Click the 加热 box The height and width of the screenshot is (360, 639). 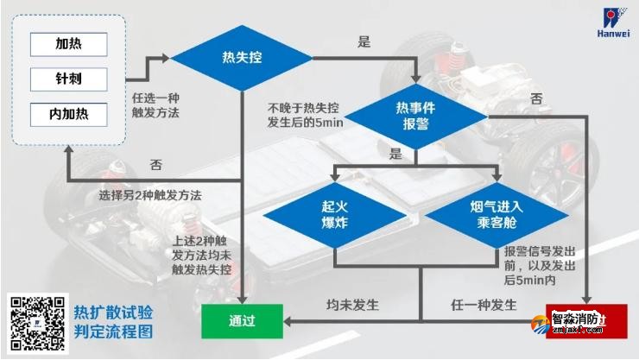click(x=68, y=43)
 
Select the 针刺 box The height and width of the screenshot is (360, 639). click(x=68, y=78)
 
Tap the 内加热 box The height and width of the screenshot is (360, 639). click(x=68, y=113)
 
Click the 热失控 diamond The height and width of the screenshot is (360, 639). click(x=241, y=59)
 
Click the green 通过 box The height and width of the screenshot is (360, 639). click(x=241, y=321)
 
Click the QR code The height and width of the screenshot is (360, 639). click(x=37, y=321)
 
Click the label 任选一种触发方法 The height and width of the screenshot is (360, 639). click(x=157, y=104)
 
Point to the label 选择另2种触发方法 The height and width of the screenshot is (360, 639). click(x=149, y=195)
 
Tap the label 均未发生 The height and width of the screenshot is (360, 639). click(x=352, y=306)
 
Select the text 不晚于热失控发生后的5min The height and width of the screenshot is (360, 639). click(x=304, y=115)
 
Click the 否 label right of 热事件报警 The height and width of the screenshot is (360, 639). click(x=536, y=98)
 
